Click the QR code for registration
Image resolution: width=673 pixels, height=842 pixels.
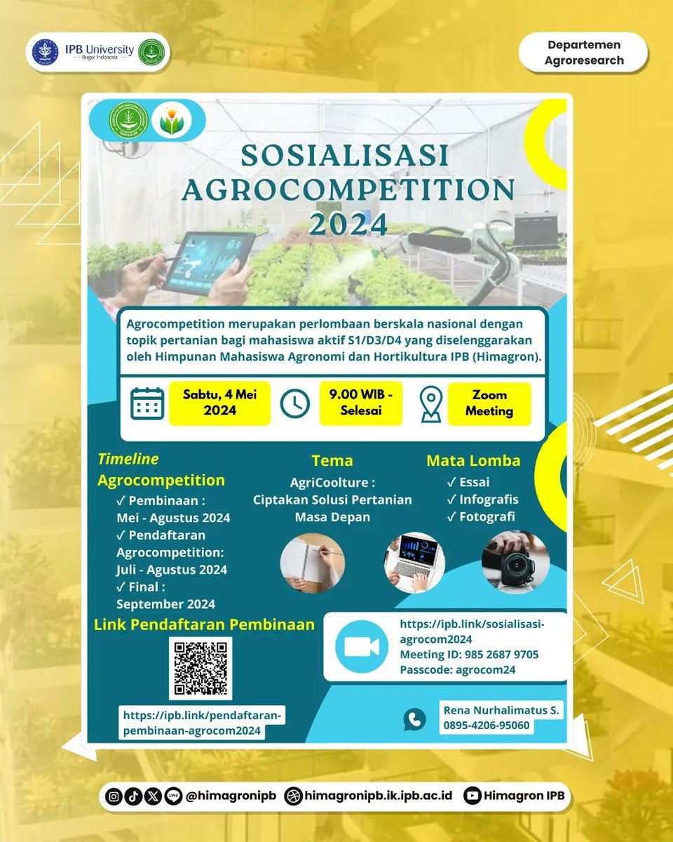[201, 668]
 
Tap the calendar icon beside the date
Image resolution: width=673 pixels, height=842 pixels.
[147, 403]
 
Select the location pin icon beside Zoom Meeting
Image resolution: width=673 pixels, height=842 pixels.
[430, 404]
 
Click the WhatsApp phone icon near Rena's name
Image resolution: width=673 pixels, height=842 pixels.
[414, 719]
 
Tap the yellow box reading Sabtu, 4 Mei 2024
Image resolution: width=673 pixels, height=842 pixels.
[219, 403]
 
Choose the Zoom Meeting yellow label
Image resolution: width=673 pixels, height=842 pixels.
[489, 403]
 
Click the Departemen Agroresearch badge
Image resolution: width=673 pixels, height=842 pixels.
[583, 53]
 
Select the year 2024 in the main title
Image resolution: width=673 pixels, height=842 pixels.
[348, 224]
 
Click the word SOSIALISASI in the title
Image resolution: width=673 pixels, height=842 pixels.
[344, 156]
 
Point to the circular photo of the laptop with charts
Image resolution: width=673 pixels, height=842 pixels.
[414, 561]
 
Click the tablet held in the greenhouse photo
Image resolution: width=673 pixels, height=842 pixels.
[209, 261]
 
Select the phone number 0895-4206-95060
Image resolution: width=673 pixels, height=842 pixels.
[487, 726]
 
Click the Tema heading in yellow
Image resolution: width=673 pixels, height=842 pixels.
[332, 461]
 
